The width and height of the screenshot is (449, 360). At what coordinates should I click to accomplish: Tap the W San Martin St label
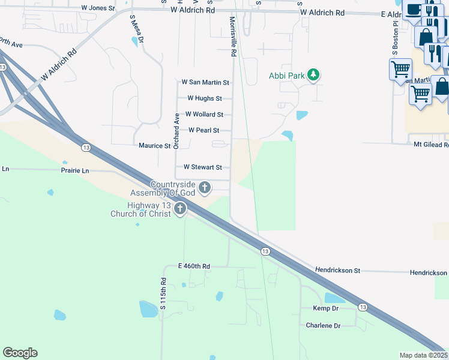pyautogui.click(x=205, y=82)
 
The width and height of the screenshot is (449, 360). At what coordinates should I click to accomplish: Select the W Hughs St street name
pyautogui.click(x=205, y=98)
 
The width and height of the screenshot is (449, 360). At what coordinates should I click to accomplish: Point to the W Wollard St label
pyautogui.click(x=204, y=115)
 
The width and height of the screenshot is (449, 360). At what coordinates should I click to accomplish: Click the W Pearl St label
pyautogui.click(x=203, y=130)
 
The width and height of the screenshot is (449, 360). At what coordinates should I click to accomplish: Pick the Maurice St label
pyautogui.click(x=155, y=146)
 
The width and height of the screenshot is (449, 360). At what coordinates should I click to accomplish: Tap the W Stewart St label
pyautogui.click(x=203, y=167)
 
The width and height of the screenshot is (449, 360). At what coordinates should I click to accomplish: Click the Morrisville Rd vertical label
pyautogui.click(x=232, y=37)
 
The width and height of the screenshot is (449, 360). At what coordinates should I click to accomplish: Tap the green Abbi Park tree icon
pyautogui.click(x=313, y=76)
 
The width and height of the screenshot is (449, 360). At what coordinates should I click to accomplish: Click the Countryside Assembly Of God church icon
pyautogui.click(x=205, y=188)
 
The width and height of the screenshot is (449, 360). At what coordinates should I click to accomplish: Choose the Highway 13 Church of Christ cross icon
pyautogui.click(x=179, y=209)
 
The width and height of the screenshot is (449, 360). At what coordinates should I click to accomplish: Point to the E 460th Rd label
pyautogui.click(x=194, y=266)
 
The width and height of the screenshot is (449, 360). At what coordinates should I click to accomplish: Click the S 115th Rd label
pyautogui.click(x=163, y=294)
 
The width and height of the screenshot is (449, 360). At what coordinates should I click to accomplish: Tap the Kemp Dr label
pyautogui.click(x=326, y=308)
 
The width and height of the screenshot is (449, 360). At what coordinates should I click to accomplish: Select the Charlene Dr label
pyautogui.click(x=322, y=325)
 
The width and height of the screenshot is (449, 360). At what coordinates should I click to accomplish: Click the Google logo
pyautogui.click(x=20, y=353)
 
